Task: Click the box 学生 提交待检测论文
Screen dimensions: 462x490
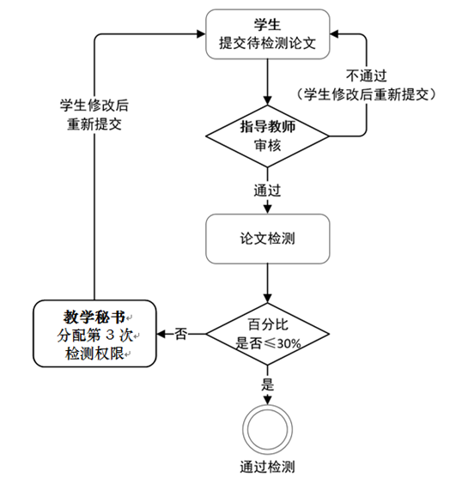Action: click(x=267, y=34)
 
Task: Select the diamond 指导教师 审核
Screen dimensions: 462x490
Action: click(x=267, y=136)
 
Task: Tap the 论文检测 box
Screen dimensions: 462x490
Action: click(x=267, y=239)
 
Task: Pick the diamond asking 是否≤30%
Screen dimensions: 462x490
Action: click(x=267, y=334)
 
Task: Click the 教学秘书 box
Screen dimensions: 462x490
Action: click(x=94, y=334)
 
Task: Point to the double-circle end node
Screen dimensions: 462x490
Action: click(x=267, y=429)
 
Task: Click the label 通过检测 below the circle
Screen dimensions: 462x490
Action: click(x=267, y=467)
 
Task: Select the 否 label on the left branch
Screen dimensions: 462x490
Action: click(x=181, y=334)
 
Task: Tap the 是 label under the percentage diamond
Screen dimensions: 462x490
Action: click(x=267, y=384)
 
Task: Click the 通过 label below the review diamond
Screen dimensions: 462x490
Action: click(x=267, y=191)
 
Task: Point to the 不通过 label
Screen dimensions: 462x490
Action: click(x=367, y=76)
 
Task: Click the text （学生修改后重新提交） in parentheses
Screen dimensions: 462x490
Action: click(x=366, y=94)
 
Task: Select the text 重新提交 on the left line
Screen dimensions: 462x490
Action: click(x=94, y=124)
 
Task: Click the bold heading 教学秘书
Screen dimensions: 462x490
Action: click(x=94, y=317)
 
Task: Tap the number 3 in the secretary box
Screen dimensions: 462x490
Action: click(x=110, y=336)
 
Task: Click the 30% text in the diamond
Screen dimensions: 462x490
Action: click(x=289, y=344)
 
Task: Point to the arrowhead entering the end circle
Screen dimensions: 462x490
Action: click(x=267, y=400)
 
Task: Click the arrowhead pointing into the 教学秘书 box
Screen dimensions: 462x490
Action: click(x=161, y=334)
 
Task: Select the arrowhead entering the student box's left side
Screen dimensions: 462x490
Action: click(x=200, y=33)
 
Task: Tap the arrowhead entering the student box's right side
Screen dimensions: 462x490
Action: click(x=334, y=33)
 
